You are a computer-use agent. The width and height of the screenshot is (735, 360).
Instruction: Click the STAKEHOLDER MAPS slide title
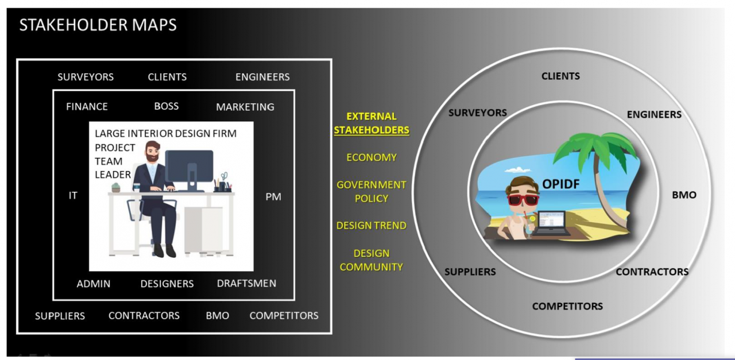(x=98, y=25)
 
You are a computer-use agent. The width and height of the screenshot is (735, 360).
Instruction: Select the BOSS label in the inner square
(x=167, y=106)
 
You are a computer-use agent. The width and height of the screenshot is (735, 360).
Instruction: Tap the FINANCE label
(x=87, y=107)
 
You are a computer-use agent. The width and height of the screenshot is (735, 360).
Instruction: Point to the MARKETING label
(x=245, y=107)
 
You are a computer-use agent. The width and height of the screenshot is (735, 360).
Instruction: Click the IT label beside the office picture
(x=73, y=196)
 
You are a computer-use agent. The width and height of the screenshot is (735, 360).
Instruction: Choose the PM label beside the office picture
(x=273, y=196)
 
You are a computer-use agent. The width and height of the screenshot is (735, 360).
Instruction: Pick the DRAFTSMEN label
(x=246, y=283)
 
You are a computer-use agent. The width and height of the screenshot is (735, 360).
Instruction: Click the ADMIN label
(x=94, y=284)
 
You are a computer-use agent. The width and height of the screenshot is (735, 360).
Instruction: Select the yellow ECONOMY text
(x=372, y=157)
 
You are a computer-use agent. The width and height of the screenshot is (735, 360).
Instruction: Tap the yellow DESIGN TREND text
(x=372, y=226)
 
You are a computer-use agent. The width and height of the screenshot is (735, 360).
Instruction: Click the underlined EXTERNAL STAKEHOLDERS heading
(x=372, y=123)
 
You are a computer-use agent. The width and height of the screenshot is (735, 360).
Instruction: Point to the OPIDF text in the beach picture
(x=561, y=184)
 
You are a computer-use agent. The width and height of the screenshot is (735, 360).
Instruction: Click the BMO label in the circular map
(x=684, y=195)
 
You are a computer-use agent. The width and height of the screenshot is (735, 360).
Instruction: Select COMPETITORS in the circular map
(x=567, y=306)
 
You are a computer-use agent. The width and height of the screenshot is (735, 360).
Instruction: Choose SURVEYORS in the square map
(x=86, y=77)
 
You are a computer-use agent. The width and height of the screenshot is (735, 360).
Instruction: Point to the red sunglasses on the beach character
(x=523, y=199)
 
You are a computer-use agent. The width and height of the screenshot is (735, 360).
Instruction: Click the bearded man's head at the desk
(x=152, y=151)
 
